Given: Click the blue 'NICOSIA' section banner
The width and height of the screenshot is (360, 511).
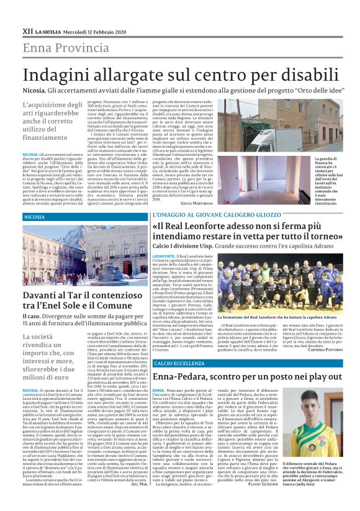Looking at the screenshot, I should point(34,217).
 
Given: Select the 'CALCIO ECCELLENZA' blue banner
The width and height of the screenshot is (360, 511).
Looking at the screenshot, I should point(178,363).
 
